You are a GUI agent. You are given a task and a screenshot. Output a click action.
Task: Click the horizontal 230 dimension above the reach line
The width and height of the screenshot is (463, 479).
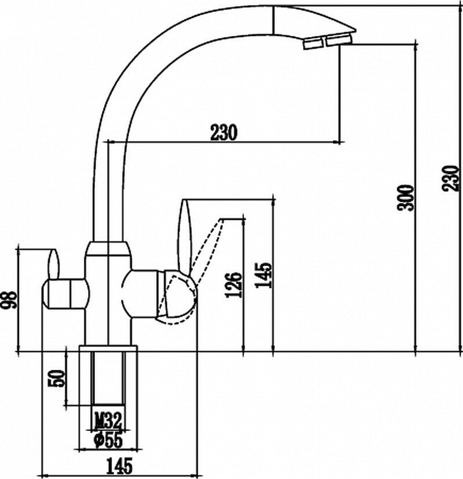pos(224,132)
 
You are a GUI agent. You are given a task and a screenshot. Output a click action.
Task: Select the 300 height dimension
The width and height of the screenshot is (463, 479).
pos(405,197)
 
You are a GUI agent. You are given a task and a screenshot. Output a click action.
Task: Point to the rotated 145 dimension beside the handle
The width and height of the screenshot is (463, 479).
pos(263,275)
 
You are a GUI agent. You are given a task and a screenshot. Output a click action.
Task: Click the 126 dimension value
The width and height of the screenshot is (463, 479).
pos(233,285)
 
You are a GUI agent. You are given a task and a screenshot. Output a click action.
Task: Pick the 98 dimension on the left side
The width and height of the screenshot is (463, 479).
pos(9,300)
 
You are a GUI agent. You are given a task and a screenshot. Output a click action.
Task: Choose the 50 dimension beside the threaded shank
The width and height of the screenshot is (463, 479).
pos(57,378)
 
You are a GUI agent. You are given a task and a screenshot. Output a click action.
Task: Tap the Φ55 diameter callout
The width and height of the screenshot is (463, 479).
pos(108,440)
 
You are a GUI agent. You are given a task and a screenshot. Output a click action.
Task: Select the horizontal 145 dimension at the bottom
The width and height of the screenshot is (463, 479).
pos(119,466)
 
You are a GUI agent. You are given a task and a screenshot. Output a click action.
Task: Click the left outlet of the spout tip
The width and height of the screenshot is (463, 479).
pos(313,43)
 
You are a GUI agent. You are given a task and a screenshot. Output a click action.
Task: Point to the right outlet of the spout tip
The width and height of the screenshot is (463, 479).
pos(339,40)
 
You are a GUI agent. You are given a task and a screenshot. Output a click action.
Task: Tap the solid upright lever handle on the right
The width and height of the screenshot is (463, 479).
pos(185,236)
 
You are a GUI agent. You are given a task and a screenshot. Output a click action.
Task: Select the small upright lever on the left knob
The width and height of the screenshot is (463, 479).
pos(53,264)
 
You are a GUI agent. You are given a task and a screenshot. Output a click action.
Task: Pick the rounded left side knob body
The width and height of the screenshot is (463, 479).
pos(65,294)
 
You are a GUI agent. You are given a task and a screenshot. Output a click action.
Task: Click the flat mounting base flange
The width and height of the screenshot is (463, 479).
pos(108,349)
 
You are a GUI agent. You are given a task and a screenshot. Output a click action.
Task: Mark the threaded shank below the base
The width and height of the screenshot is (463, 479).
pos(108,379)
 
